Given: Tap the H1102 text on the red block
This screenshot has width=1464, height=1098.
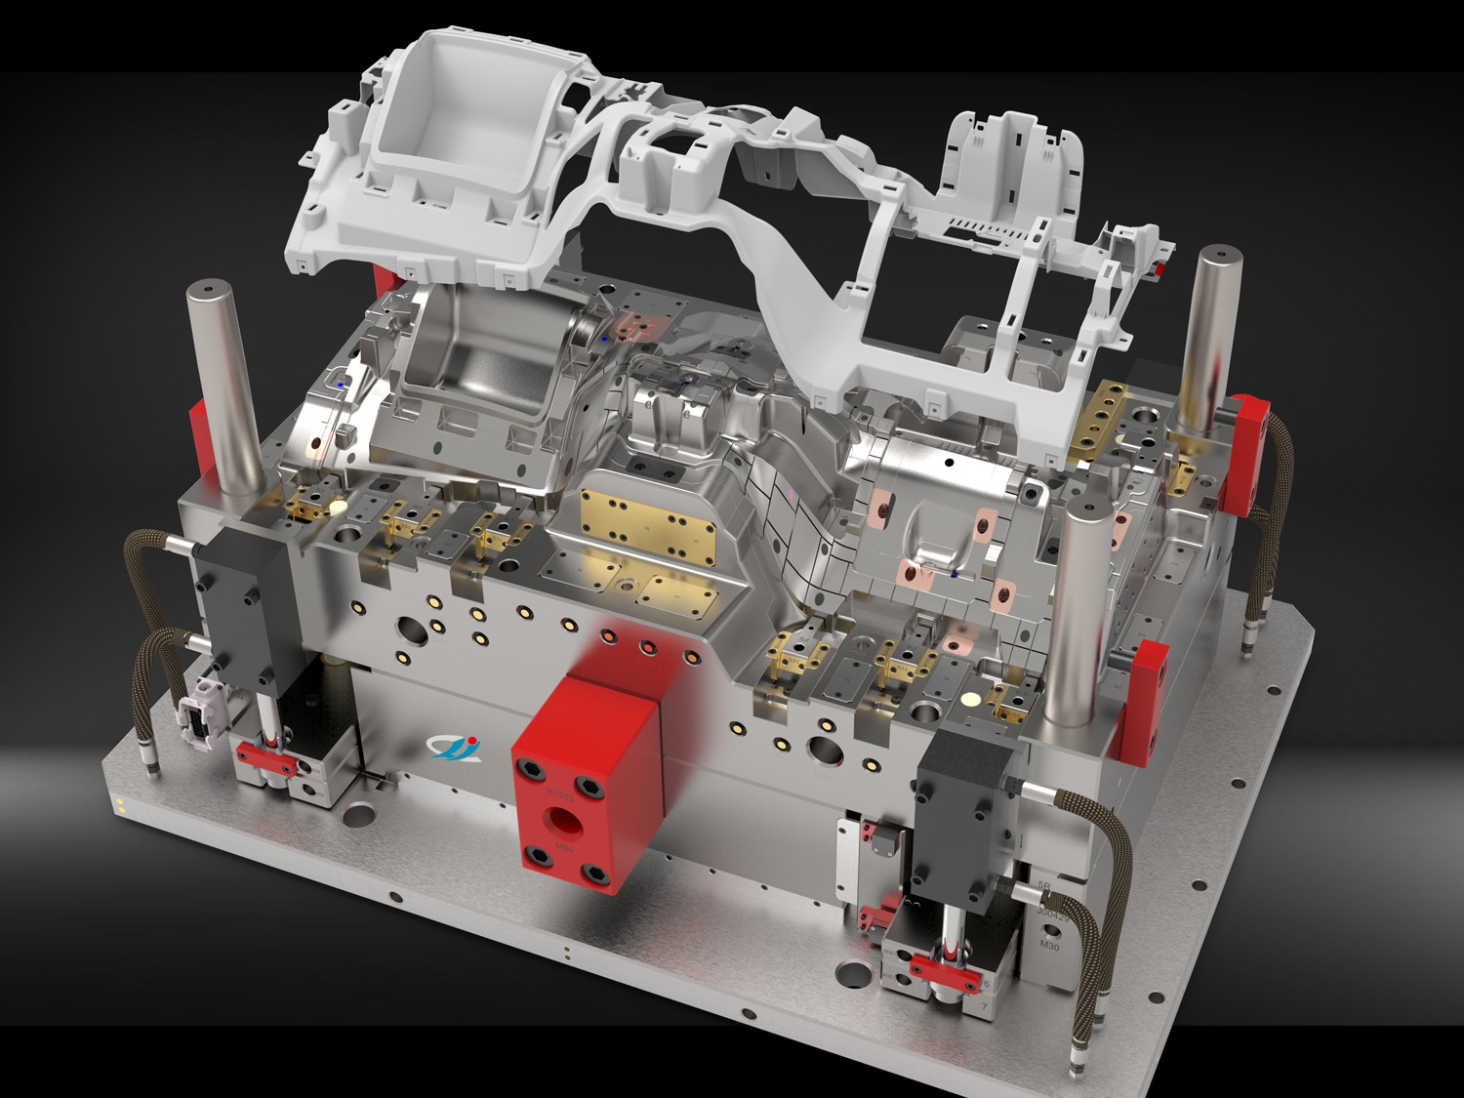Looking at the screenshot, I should click(564, 793).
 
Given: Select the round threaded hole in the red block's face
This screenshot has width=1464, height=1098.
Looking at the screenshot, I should click(563, 819).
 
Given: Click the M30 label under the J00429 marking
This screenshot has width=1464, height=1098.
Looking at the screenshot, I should click(1049, 945).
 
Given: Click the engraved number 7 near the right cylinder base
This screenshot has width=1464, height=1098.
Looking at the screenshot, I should click(985, 1004).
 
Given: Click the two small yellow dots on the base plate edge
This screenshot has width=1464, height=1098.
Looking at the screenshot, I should click(120, 805).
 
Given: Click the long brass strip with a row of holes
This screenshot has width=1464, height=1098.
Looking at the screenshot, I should click(1095, 420).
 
